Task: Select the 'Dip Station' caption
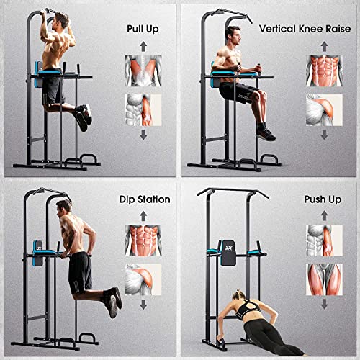[x=144, y=199]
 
